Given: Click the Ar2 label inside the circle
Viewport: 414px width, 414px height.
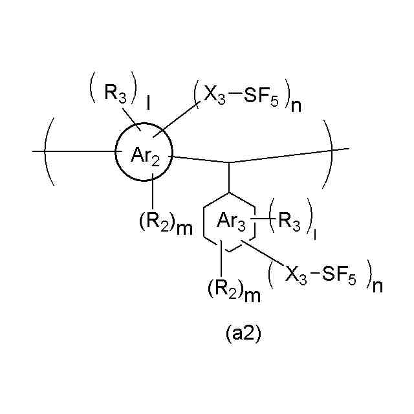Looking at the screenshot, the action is tap(145, 155).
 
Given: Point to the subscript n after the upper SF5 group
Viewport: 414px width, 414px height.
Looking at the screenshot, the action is tap(297, 106).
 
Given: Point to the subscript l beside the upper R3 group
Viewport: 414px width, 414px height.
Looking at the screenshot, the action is tap(149, 102).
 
